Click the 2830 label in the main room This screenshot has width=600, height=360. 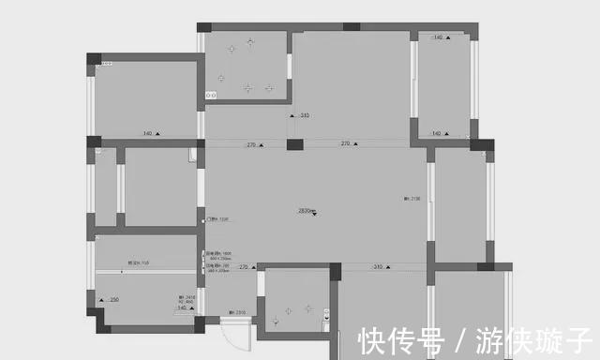(305, 210)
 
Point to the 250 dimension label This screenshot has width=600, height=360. (114, 299)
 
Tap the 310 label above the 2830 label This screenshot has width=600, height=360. (304, 116)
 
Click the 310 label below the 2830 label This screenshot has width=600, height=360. (378, 267)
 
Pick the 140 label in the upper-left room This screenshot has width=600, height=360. (147, 134)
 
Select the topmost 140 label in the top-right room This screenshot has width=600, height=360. (438, 37)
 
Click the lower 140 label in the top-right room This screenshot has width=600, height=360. (436, 134)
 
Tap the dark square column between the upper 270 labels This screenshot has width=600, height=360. (295, 144)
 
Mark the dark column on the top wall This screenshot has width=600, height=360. (351, 27)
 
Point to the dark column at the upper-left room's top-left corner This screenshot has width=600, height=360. (93, 59)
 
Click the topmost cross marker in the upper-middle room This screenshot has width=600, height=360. (249, 40)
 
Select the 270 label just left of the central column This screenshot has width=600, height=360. (251, 144)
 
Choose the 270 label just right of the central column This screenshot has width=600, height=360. (345, 144)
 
